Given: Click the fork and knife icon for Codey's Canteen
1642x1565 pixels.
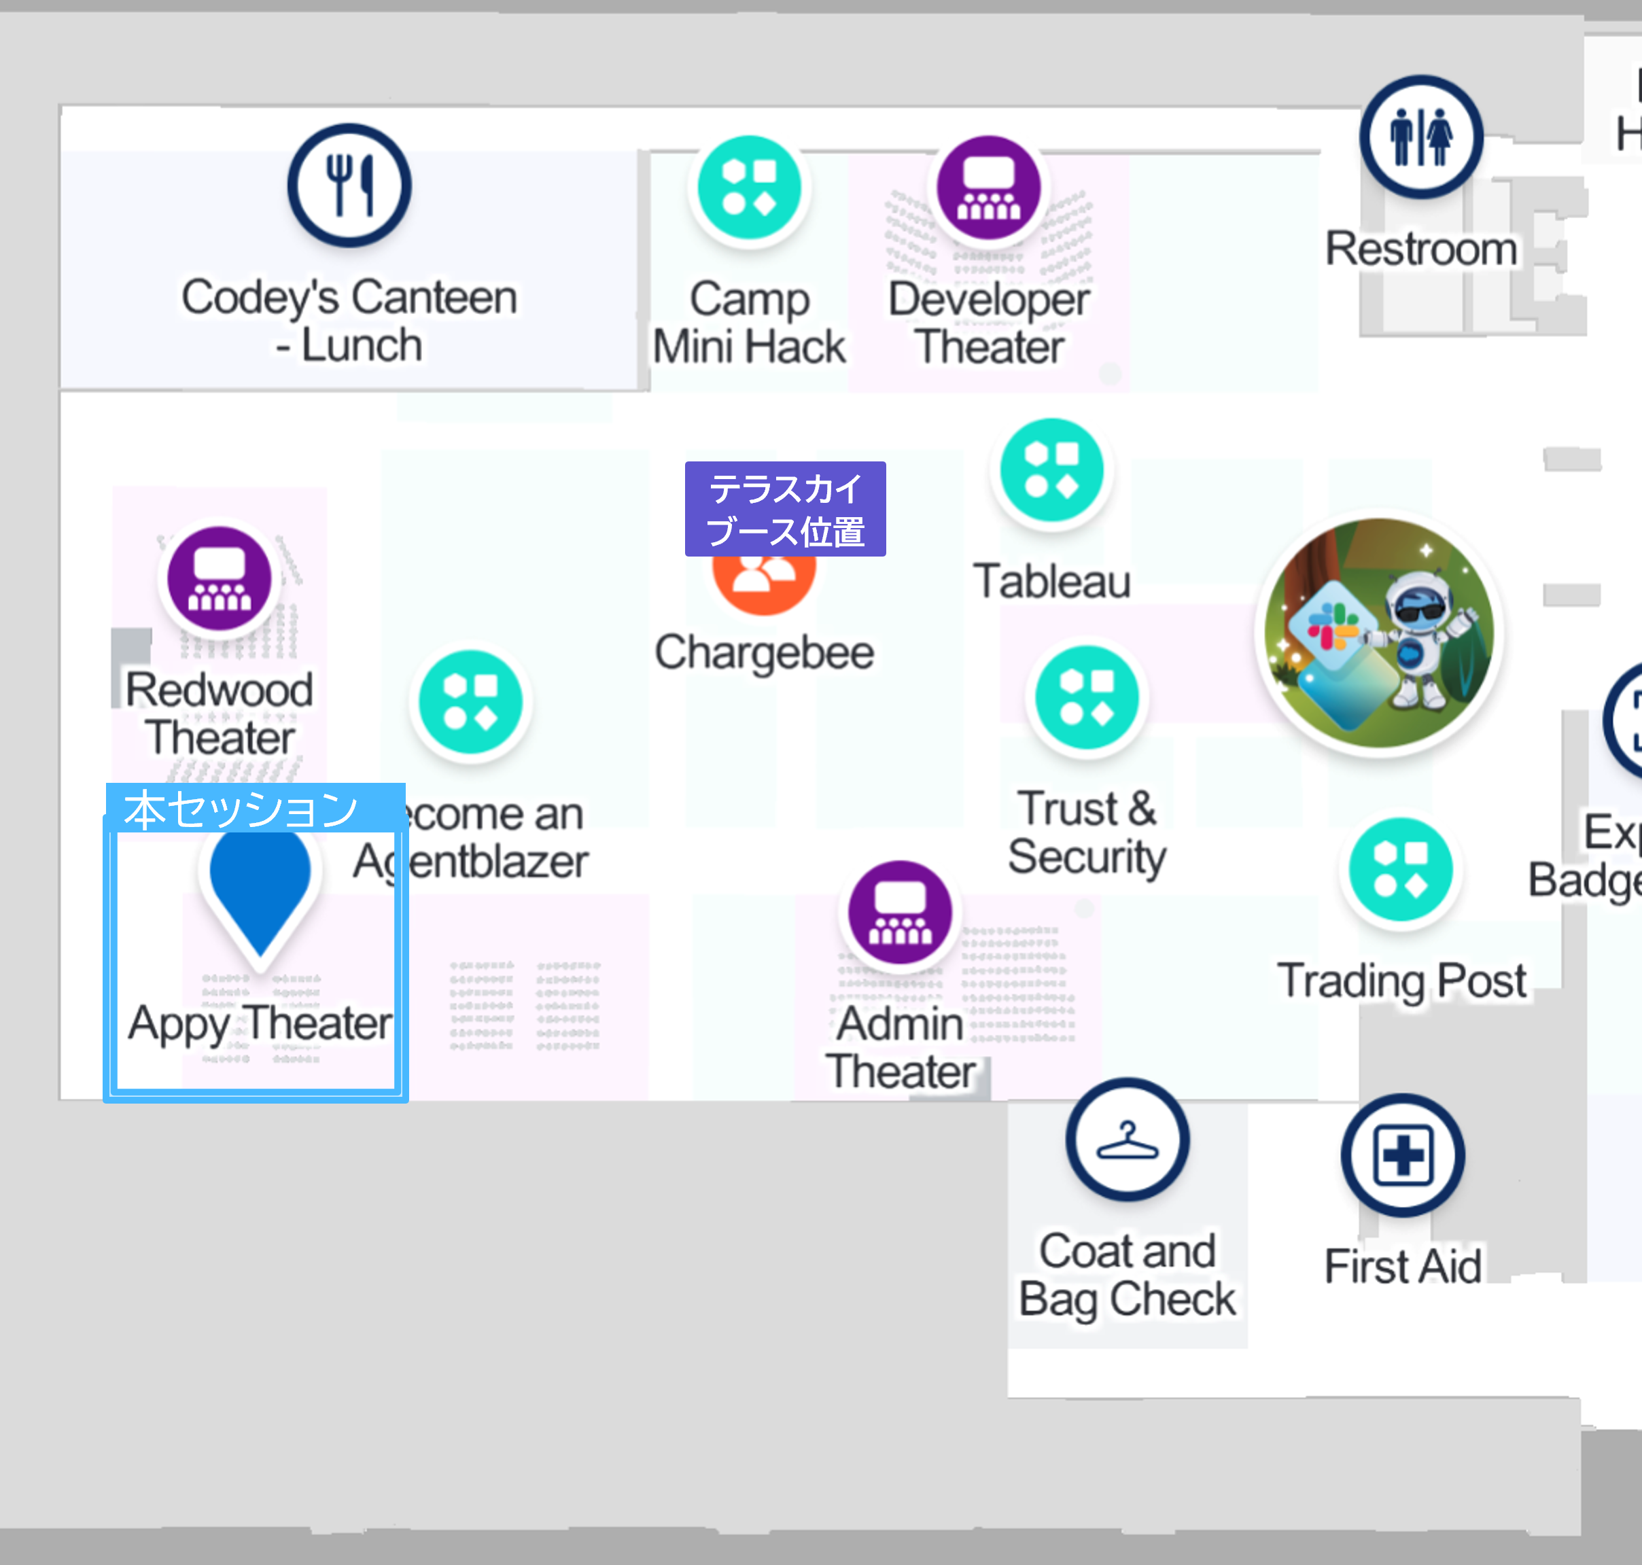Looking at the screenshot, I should click(x=349, y=186).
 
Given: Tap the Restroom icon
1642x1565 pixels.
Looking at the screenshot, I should click(x=1421, y=137).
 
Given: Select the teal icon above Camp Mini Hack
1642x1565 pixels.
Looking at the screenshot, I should click(x=748, y=187).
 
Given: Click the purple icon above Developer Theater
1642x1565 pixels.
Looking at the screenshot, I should click(x=989, y=187).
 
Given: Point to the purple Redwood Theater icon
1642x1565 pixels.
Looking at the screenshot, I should click(x=220, y=578).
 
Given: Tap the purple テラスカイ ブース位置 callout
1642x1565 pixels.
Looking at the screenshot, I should click(x=785, y=509).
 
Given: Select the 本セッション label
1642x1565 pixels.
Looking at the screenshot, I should click(x=242, y=809).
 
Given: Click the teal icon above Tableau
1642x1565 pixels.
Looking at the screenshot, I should click(x=1051, y=470).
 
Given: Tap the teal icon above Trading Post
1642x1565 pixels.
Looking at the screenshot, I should click(x=1401, y=870).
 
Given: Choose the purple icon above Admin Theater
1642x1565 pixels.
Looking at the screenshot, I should click(x=899, y=912).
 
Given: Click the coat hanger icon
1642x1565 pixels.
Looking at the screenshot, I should click(x=1128, y=1140).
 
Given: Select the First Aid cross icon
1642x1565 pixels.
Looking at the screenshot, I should click(x=1403, y=1155).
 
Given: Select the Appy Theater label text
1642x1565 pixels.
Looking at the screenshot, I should click(x=260, y=1023).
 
